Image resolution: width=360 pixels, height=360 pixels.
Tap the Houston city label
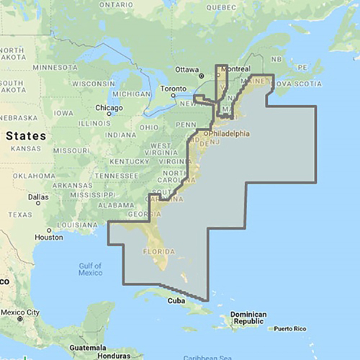pos(50,237)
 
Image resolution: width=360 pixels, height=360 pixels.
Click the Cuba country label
pos(177,301)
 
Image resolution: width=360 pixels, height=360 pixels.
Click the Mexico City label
pos(22,312)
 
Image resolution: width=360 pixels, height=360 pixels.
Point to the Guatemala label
pos(91,347)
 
